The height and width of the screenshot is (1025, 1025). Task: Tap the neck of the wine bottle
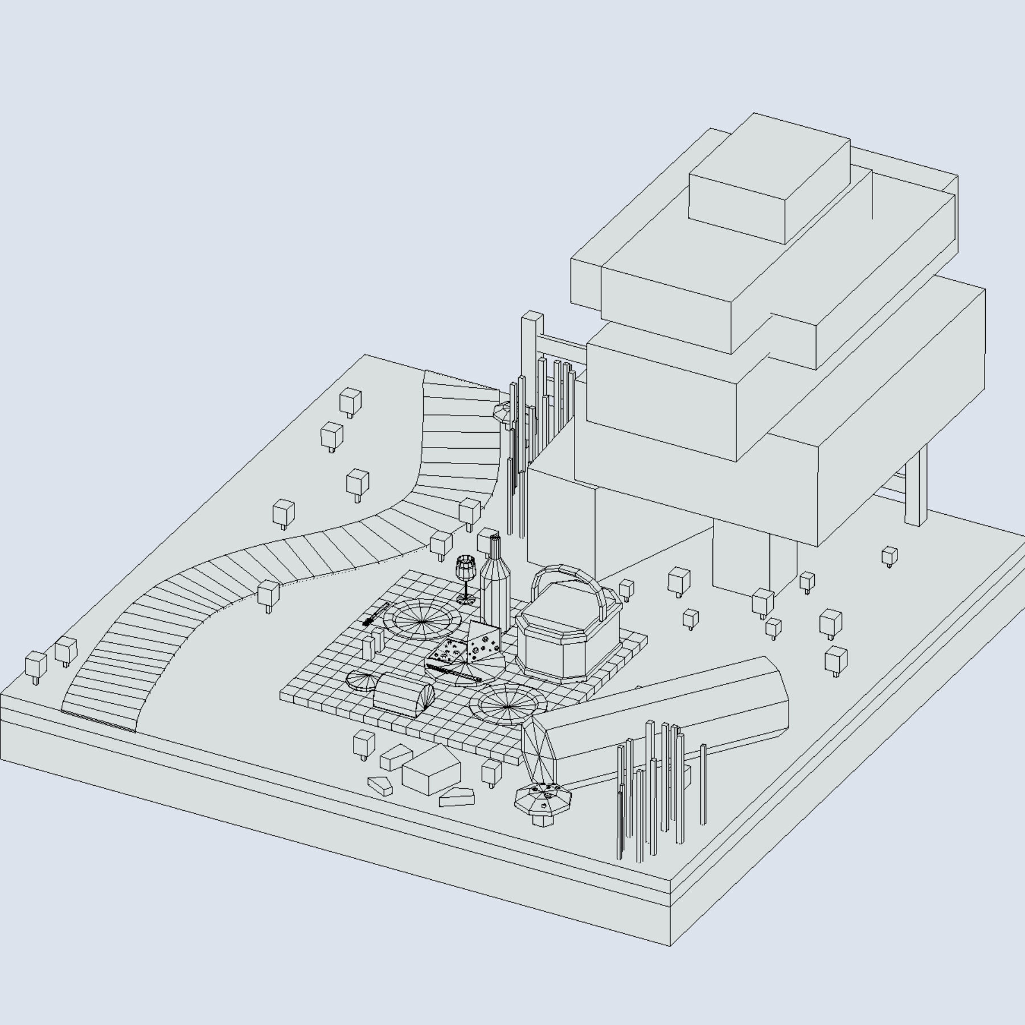[494, 549]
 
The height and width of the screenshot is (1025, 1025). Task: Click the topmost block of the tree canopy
[769, 177]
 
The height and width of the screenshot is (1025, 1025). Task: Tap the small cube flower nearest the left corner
[35, 666]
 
